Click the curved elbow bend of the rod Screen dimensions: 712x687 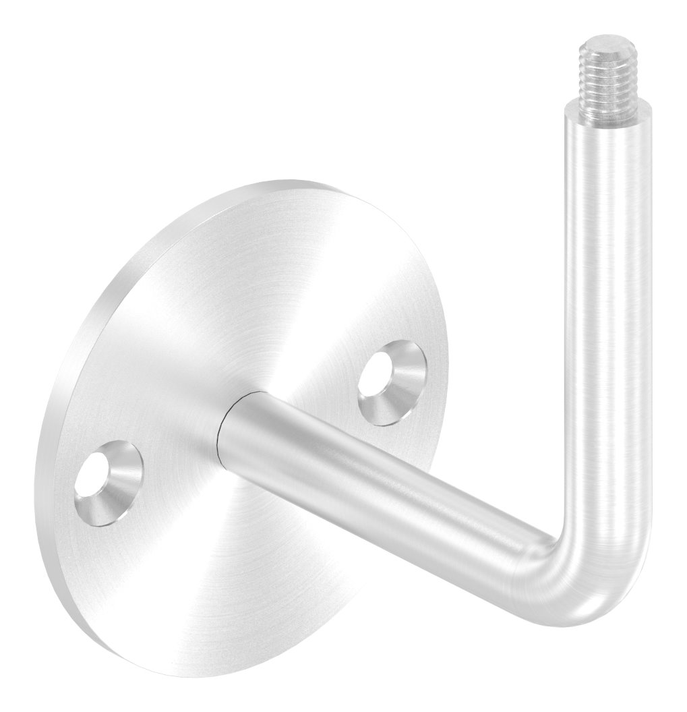click(x=593, y=573)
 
